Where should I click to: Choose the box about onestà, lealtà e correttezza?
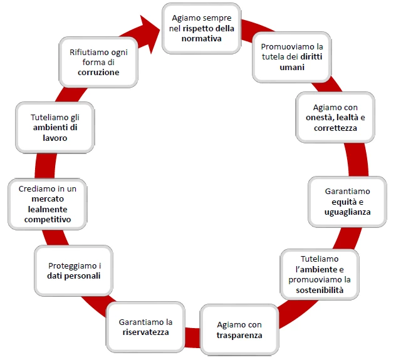pos(335,117)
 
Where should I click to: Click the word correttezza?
pos(335,128)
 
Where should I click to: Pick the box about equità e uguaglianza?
pos(347,200)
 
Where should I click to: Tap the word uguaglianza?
pos(347,212)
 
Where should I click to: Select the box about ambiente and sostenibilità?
pos(320,274)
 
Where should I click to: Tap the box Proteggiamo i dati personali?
pos(73,270)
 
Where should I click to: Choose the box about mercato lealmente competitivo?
pos(47,203)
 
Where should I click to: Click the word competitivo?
pos(47,220)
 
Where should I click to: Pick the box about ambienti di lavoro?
pos(55,126)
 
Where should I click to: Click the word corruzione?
pos(99,72)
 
